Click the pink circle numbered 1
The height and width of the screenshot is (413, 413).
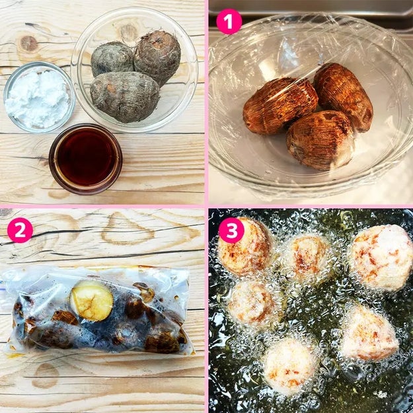click(x=229, y=22)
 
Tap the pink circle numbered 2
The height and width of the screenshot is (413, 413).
click(x=20, y=230)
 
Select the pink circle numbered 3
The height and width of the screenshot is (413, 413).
click(x=231, y=230)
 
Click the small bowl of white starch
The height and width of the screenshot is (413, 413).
click(x=39, y=97)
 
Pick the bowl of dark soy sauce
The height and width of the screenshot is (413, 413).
click(x=85, y=159)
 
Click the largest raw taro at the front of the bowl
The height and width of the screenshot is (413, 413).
click(x=125, y=96)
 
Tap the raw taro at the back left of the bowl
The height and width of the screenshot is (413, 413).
click(x=112, y=59)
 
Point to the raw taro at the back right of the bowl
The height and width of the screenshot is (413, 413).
click(x=157, y=57)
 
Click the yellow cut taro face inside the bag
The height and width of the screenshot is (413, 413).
click(x=91, y=301)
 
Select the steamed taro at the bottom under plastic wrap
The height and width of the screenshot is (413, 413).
click(x=320, y=140)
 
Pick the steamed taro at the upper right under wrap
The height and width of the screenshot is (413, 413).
click(x=344, y=96)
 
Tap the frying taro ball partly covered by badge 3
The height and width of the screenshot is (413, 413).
click(x=245, y=246)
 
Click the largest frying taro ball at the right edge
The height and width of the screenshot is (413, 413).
click(x=382, y=257)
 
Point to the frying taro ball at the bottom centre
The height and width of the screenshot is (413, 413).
click(x=290, y=365)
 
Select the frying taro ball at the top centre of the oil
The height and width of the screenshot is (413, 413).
click(x=309, y=258)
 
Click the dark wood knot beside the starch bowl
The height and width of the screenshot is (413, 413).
click(x=28, y=44)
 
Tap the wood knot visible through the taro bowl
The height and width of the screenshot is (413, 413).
click(x=128, y=32)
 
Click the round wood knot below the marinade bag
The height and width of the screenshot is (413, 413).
click(x=46, y=375)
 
